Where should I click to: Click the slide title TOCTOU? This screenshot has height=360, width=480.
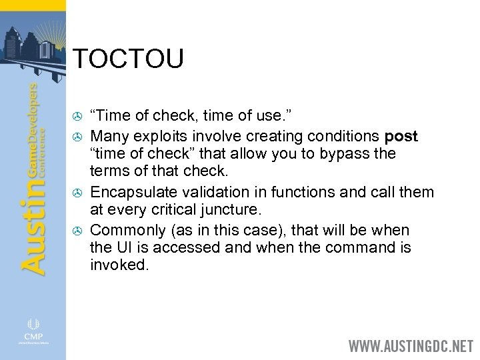pyautogui.click(x=127, y=59)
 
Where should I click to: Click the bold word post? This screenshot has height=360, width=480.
pyautogui.click(x=401, y=137)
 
